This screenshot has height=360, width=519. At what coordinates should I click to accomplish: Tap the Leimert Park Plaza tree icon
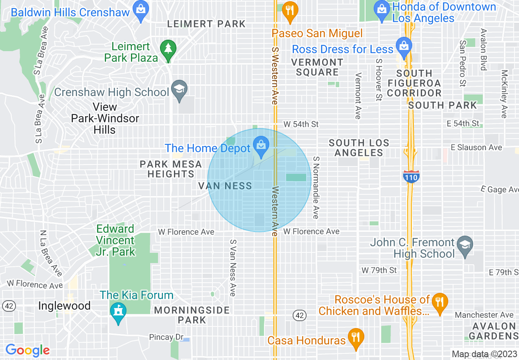coord(168,49)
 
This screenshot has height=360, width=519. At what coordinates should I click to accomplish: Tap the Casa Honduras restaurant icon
coord(355,337)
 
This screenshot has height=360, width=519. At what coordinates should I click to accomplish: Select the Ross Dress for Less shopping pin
coord(404,46)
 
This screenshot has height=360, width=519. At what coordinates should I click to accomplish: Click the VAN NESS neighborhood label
coord(225,186)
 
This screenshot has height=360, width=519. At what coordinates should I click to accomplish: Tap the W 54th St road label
coord(301,124)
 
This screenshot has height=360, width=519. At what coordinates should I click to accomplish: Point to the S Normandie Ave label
coord(316,187)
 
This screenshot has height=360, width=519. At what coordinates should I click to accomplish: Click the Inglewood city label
coord(64,306)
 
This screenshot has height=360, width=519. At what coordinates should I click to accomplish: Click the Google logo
coord(27,350)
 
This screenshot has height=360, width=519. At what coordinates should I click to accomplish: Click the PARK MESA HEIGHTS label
coord(171,169)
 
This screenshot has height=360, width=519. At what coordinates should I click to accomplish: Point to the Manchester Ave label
coord(484,315)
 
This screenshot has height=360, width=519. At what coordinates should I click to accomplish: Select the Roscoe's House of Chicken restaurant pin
coord(440,302)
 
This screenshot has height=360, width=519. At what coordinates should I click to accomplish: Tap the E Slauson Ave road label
coord(476,147)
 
